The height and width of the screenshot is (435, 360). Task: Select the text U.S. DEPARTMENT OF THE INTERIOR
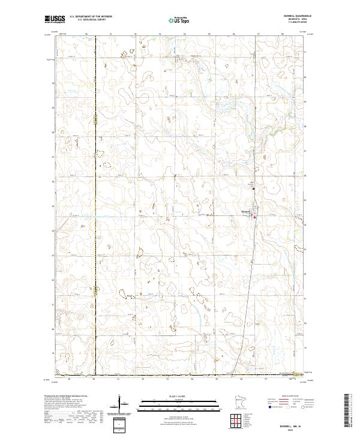tap(91, 16)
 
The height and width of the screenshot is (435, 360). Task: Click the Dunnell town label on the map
tap(246, 211)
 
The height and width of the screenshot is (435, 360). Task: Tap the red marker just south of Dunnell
tap(254, 217)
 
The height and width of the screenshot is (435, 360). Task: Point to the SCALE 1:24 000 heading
tap(179, 397)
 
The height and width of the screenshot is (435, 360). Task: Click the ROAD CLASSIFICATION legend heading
tap(289, 397)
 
